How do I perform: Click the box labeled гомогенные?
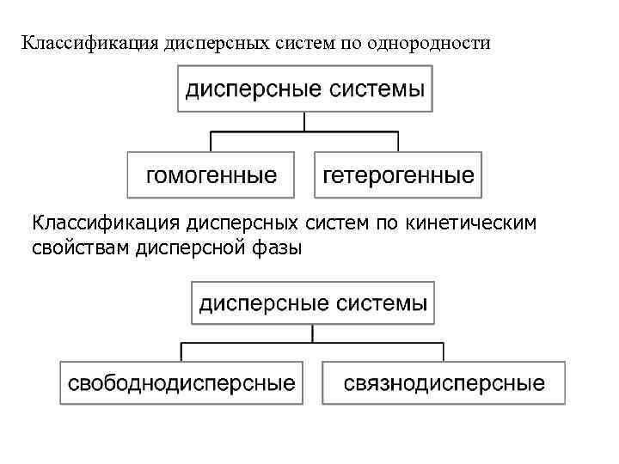pos(211,175)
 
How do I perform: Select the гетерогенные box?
pos(398,175)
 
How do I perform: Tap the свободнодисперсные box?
pos(181,382)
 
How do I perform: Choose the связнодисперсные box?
pos(444,382)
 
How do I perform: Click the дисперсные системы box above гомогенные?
pos(305,90)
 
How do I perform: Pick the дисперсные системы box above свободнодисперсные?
pos(313,302)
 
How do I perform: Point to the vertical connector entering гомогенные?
pos(211,142)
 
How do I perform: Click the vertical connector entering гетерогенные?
pos(398,142)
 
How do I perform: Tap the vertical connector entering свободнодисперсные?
pos(181,351)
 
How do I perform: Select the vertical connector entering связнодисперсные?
pos(444,351)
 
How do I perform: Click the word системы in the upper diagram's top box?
pos(377,90)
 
